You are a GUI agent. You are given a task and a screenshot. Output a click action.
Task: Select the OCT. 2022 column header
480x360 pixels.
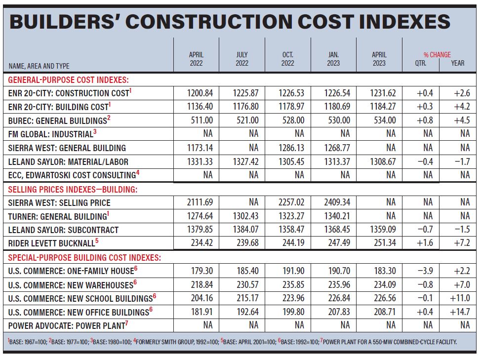pyautogui.click(x=288, y=59)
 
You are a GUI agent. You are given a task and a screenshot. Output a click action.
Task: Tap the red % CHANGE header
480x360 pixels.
pyautogui.click(x=437, y=55)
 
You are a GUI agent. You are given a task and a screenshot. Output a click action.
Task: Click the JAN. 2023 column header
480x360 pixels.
pyautogui.click(x=333, y=59)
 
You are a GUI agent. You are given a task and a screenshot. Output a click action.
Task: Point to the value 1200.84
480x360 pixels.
pyautogui.click(x=200, y=93)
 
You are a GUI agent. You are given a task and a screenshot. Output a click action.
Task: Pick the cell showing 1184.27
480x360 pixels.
pyautogui.click(x=383, y=107)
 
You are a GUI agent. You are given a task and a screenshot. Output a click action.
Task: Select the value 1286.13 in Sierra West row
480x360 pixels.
pyautogui.click(x=291, y=148)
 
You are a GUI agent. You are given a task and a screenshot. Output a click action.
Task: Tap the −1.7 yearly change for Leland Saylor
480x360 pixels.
pyautogui.click(x=462, y=161)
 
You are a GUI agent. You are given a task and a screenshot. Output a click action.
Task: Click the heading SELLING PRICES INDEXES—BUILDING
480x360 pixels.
pyautogui.click(x=73, y=190)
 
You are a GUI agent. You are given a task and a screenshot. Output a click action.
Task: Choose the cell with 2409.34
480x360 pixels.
pyautogui.click(x=337, y=202)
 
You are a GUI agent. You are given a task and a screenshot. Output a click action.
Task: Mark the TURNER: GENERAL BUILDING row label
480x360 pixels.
pyautogui.click(x=58, y=216)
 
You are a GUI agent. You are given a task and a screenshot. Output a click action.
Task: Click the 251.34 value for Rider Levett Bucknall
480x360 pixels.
pyautogui.click(x=385, y=243)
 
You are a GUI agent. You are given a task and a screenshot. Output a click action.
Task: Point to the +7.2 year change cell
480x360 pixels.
pyautogui.click(x=462, y=243)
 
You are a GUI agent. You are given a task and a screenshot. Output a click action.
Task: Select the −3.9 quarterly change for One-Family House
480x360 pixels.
pyautogui.click(x=425, y=271)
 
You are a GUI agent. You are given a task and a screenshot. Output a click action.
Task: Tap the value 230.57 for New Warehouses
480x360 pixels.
pyautogui.click(x=247, y=285)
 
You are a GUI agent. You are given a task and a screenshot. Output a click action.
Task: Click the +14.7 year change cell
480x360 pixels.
pyautogui.click(x=460, y=312)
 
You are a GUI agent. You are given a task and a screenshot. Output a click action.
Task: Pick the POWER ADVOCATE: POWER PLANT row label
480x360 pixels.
pyautogui.click(x=68, y=325)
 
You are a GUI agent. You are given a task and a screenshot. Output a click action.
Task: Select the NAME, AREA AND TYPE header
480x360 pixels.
pyautogui.click(x=39, y=66)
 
